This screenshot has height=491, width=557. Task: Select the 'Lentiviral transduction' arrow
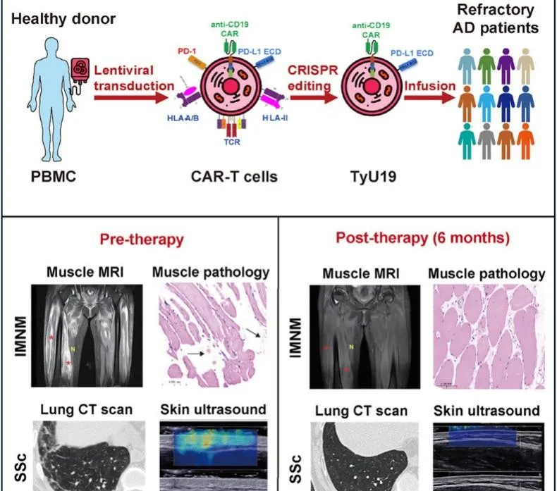click(134, 96)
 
